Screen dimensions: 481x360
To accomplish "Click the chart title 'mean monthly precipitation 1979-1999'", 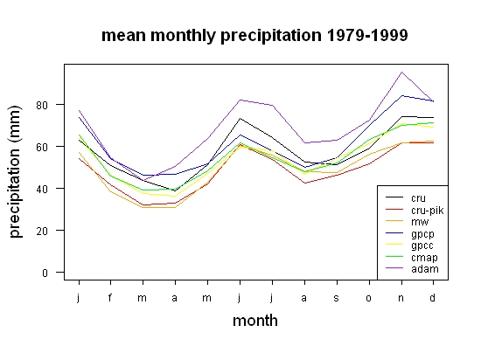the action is tap(254, 36).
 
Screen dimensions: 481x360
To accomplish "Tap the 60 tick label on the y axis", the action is tap(42, 147).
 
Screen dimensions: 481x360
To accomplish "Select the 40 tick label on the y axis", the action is tap(42, 189).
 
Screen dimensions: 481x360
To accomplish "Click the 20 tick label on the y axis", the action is tap(42, 231).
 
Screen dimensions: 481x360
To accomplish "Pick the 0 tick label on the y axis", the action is tap(45, 273).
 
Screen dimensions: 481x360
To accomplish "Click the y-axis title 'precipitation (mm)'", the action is tap(16, 171).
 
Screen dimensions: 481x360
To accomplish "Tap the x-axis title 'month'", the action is tap(255, 321).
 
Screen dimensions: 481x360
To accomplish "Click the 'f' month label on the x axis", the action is tap(110, 297).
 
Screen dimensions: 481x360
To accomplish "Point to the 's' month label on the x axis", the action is tap(337, 298).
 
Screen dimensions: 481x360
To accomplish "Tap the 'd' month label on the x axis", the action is tap(433, 297).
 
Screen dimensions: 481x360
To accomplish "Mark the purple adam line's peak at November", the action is tap(401, 72).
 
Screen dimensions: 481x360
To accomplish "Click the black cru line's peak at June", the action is tap(240, 118).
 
